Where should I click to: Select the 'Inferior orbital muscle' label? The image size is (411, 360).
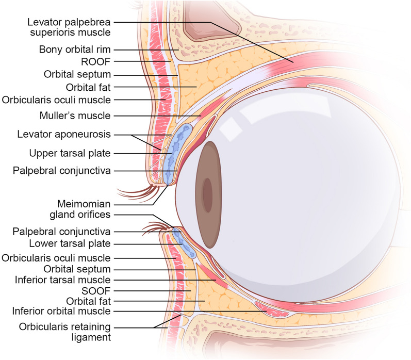point(61,311)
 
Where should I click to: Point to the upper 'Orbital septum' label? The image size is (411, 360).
point(77,74)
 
